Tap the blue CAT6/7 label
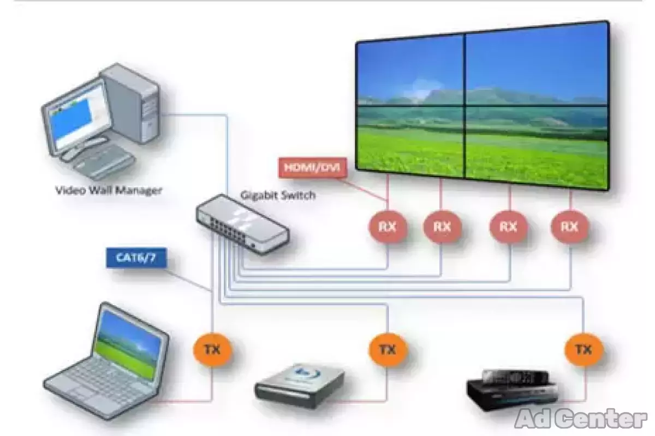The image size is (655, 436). click(x=135, y=257)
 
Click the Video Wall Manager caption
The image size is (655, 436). click(x=109, y=190)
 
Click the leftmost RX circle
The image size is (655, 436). click(x=388, y=226)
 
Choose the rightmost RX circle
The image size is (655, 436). click(x=570, y=226)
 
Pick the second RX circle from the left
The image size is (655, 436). click(x=442, y=226)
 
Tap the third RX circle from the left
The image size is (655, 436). click(x=509, y=226)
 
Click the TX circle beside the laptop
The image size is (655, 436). click(x=212, y=349)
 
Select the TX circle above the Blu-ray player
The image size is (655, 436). click(x=388, y=349)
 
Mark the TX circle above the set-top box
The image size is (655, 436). click(x=583, y=349)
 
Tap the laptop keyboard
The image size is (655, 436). click(x=101, y=381)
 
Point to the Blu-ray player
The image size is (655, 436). click(x=299, y=384)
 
